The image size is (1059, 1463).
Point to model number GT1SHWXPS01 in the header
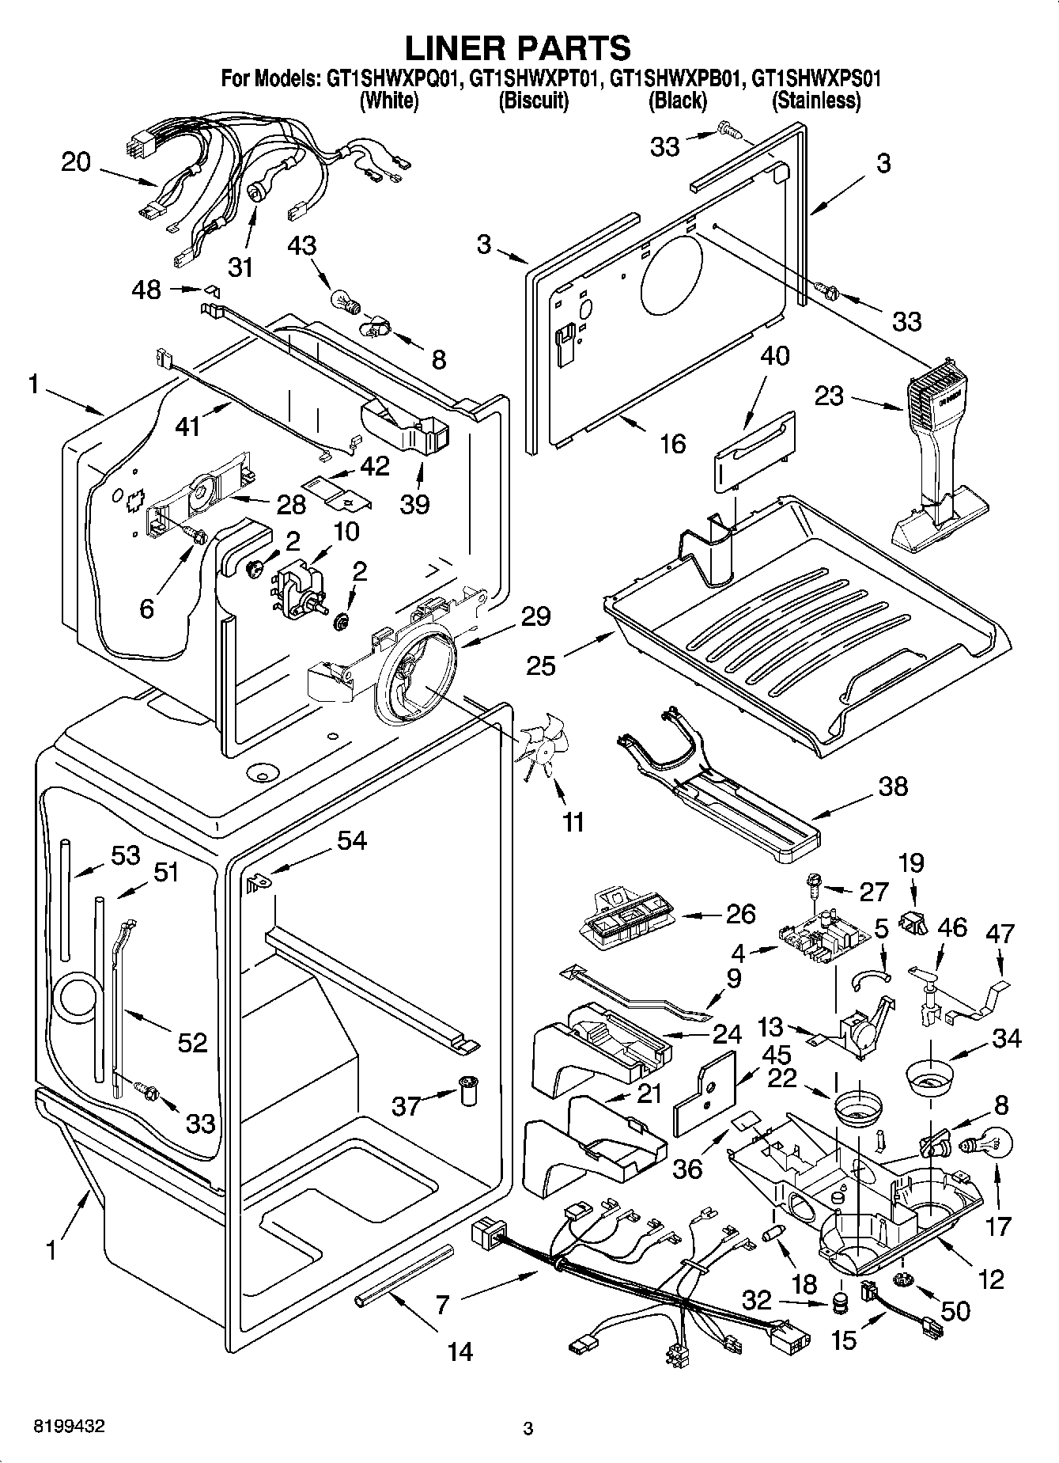pyautogui.click(x=816, y=79)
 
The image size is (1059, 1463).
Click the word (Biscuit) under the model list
pyautogui.click(x=533, y=100)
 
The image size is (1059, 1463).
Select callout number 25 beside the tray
pyautogui.click(x=542, y=665)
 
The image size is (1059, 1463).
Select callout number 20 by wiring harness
pyautogui.click(x=77, y=162)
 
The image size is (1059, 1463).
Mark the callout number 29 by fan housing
pyautogui.click(x=536, y=616)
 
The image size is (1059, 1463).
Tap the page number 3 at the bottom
pyautogui.click(x=528, y=1428)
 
